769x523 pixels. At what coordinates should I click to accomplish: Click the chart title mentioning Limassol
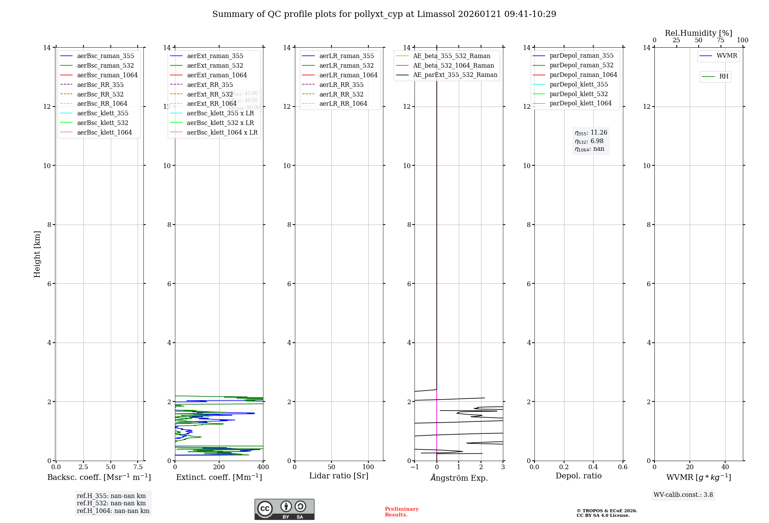coord(384,14)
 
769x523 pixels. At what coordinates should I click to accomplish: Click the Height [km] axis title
coord(37,254)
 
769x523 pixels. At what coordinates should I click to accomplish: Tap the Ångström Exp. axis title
coord(459,478)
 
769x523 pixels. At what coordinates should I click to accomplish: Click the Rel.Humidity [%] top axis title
coord(698,33)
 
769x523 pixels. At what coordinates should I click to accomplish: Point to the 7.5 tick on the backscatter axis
coord(138,467)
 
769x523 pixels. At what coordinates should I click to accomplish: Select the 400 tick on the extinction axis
coord(263,467)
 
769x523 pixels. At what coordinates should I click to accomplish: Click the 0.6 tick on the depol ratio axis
coord(623,467)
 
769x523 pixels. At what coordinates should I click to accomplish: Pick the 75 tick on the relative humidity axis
coord(721,40)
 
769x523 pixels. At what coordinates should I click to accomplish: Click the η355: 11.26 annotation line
coord(591,133)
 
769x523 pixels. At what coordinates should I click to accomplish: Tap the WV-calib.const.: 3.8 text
coord(683,495)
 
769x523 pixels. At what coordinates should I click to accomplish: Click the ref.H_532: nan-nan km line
coord(111,503)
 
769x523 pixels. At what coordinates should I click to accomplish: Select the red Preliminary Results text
coord(401,512)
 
